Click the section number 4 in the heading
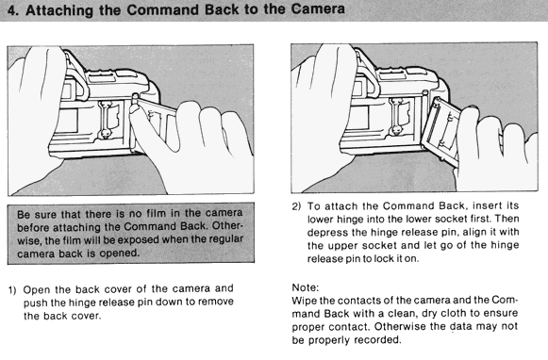(x=11, y=10)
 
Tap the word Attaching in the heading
(x=59, y=10)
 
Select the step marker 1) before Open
(x=12, y=290)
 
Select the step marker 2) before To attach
(x=296, y=206)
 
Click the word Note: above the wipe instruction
(x=306, y=287)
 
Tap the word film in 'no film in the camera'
(x=156, y=213)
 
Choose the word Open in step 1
(x=37, y=290)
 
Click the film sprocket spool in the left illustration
(x=106, y=120)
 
